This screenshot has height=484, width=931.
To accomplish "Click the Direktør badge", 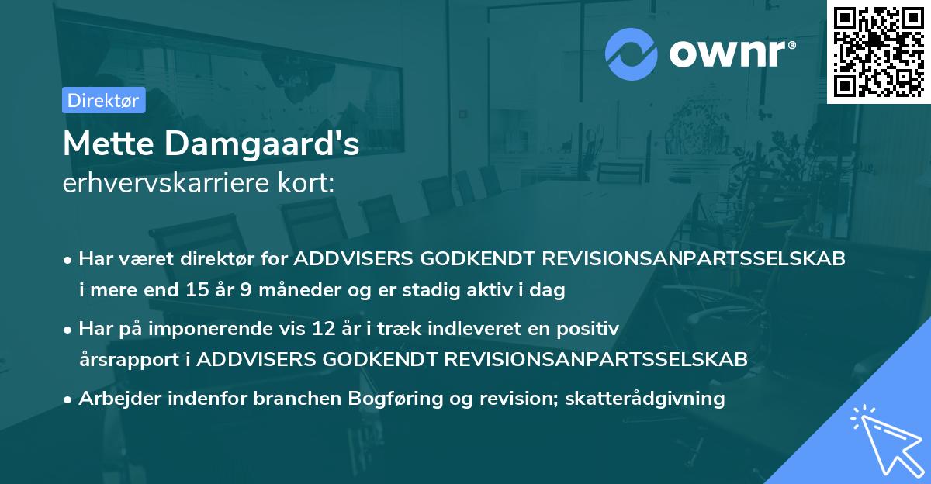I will (103, 101).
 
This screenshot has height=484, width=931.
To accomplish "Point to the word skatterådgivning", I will (645, 399).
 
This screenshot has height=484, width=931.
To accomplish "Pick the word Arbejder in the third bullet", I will (116, 399).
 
